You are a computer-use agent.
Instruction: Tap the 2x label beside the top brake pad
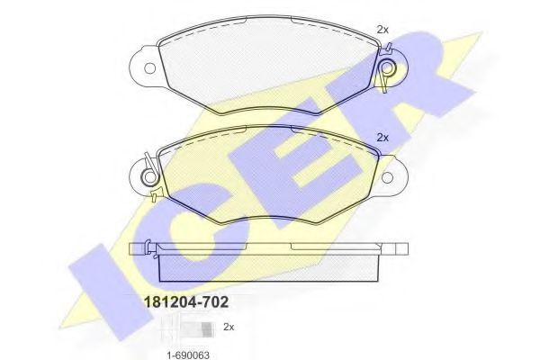[382, 30]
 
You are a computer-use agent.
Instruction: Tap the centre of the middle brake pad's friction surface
[268, 175]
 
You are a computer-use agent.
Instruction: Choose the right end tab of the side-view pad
[402, 247]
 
